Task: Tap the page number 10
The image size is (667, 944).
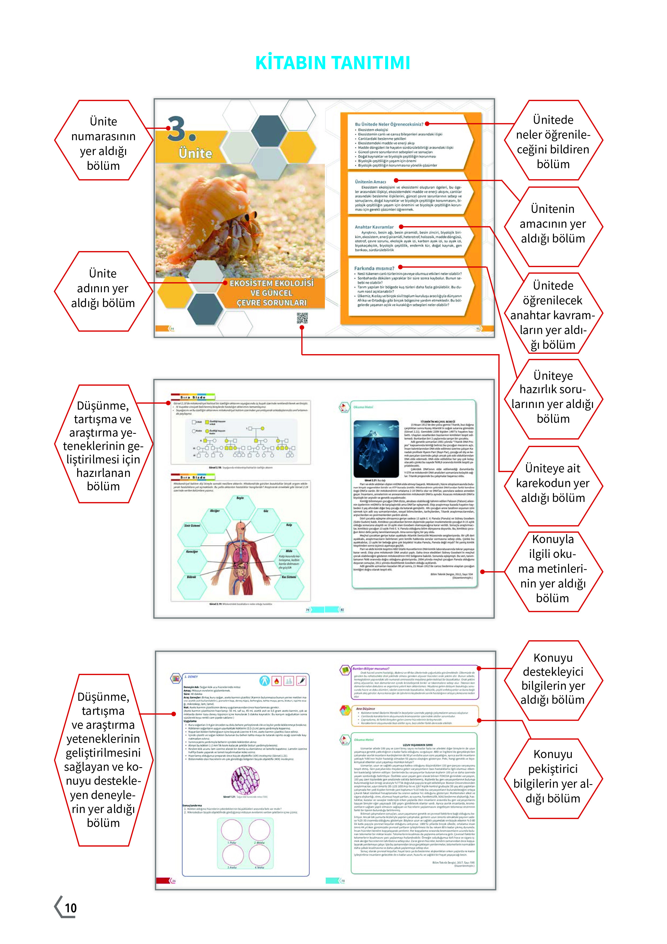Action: [x=71, y=908]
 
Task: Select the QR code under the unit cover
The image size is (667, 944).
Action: [x=302, y=318]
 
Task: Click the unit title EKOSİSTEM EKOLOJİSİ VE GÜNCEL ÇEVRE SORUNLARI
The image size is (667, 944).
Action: [x=271, y=293]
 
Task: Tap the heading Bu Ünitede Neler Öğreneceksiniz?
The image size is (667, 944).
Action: [x=389, y=124]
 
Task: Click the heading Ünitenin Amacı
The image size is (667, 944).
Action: [x=370, y=181]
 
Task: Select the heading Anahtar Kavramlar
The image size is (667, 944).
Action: [x=374, y=227]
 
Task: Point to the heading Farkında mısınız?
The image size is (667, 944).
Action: [x=374, y=268]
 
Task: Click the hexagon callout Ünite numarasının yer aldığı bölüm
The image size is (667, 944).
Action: [x=104, y=143]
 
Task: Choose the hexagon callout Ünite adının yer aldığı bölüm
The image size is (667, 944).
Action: [x=103, y=288]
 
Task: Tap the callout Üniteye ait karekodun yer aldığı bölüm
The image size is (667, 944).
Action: [x=553, y=483]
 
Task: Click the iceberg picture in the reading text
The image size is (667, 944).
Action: [x=376, y=448]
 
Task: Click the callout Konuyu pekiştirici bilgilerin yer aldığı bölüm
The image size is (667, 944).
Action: [x=553, y=776]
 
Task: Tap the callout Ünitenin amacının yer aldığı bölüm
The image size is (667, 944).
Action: [x=553, y=224]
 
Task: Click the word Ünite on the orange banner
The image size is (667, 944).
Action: [x=195, y=153]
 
